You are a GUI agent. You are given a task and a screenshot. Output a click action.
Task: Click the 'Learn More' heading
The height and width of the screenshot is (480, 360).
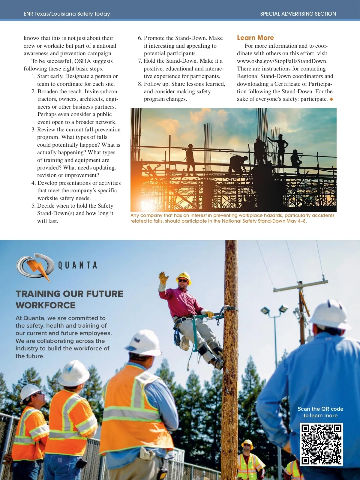click(x=255, y=38)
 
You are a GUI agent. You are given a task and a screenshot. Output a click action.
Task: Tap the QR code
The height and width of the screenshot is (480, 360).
click(x=321, y=444)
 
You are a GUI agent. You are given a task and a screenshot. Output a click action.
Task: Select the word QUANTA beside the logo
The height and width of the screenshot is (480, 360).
click(x=78, y=265)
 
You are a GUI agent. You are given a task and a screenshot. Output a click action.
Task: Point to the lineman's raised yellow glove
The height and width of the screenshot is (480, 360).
click(x=163, y=278)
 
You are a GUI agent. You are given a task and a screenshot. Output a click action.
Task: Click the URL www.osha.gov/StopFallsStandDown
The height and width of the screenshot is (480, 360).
click(x=282, y=61)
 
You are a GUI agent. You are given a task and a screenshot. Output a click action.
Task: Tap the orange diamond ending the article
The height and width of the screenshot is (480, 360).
click(x=331, y=99)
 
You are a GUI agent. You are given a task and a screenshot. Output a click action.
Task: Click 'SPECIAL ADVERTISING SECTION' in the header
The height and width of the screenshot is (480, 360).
click(x=298, y=14)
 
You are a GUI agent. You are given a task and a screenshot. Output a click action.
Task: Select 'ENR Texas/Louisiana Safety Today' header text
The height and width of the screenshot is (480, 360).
click(x=67, y=14)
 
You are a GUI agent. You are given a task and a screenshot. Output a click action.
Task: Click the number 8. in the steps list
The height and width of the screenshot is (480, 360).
click(x=140, y=84)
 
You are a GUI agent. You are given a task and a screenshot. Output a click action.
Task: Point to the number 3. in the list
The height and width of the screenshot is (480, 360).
click(x=33, y=130)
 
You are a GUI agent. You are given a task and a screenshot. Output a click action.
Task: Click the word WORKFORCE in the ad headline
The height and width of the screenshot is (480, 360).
click(x=46, y=305)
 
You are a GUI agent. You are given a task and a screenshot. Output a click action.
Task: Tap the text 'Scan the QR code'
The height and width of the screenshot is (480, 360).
click(x=320, y=409)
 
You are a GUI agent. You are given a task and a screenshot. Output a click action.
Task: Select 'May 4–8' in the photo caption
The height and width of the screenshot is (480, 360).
click(x=296, y=221)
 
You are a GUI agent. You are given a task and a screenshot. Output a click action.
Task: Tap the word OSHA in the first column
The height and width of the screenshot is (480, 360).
click(x=82, y=61)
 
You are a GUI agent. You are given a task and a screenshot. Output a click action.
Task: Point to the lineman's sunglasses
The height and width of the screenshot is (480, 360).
click(x=182, y=281)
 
